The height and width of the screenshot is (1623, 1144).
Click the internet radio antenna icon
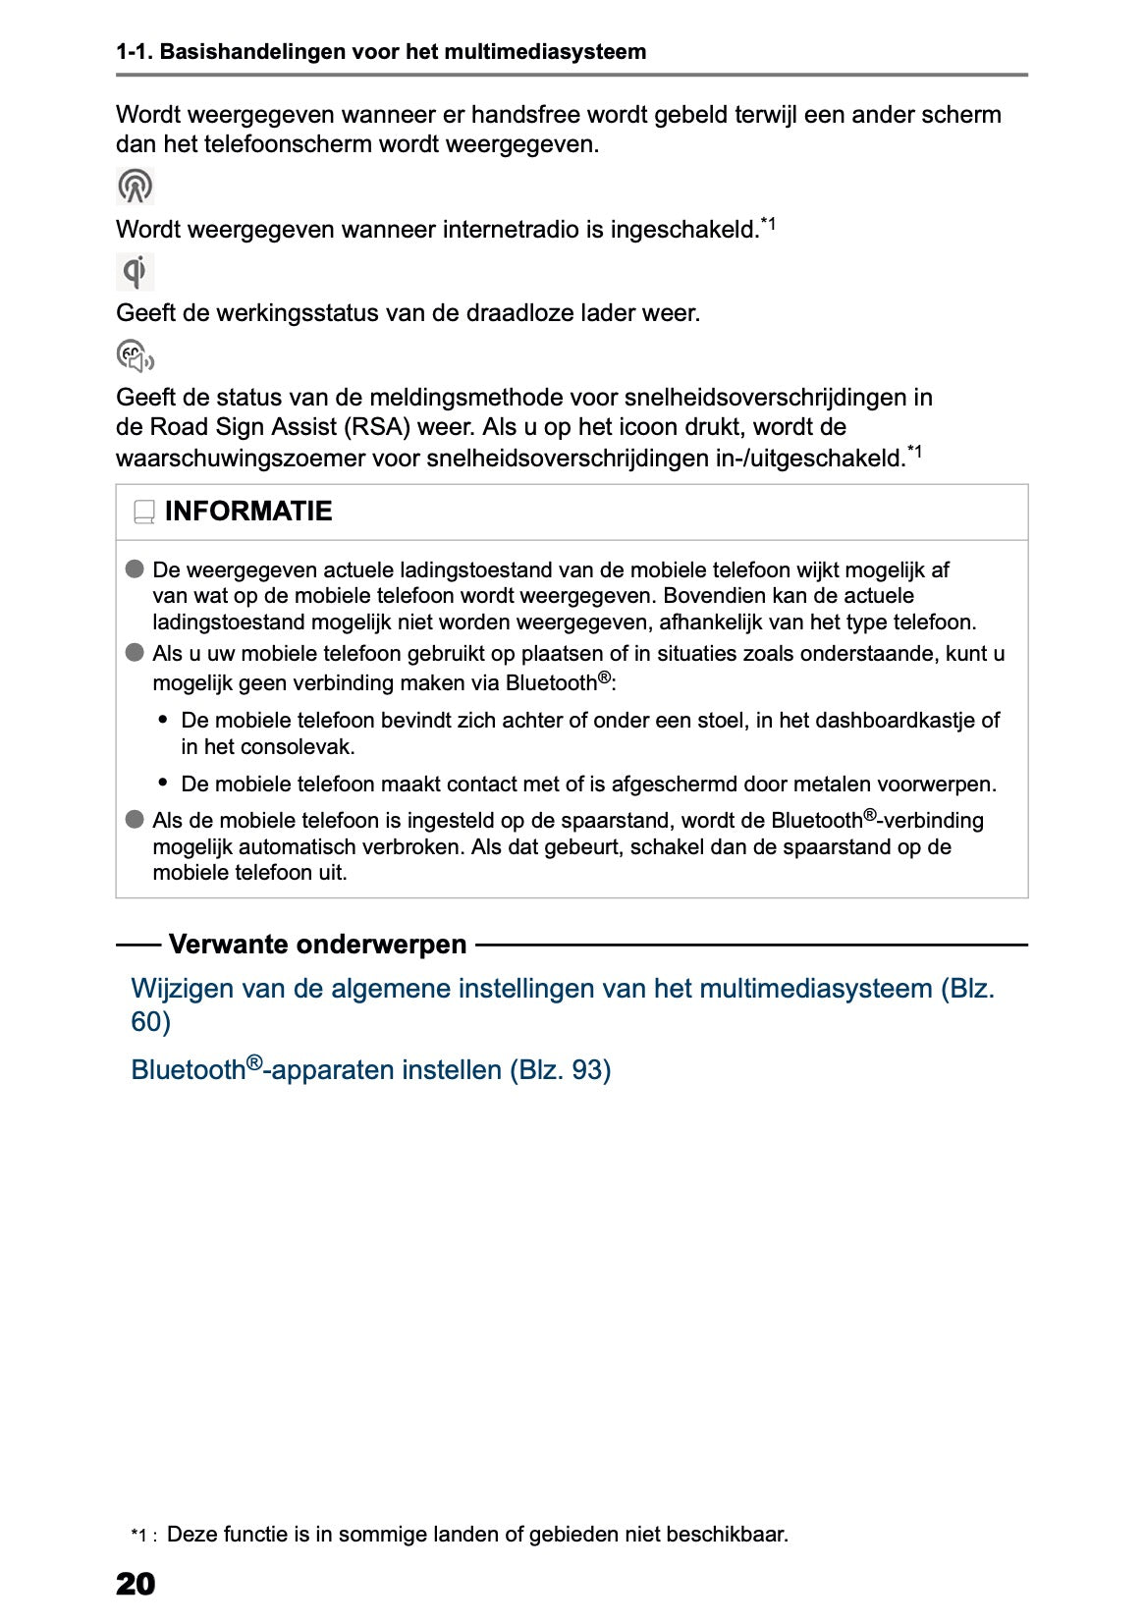136,186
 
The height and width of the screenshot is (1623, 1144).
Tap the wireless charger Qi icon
136,271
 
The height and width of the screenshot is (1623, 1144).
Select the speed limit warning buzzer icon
135,355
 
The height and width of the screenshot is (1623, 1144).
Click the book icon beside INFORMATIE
144,513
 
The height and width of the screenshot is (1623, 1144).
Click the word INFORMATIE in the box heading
248,512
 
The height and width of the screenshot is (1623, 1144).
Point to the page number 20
136,1583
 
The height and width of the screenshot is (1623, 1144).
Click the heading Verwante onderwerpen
317,945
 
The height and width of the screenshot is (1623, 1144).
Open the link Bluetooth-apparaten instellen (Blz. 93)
370,1069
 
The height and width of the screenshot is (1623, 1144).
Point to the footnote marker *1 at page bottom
140,1536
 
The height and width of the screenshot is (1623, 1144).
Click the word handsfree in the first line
525,115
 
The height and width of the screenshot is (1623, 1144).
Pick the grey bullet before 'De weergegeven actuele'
135,569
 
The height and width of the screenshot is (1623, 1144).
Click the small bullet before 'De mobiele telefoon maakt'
163,783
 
